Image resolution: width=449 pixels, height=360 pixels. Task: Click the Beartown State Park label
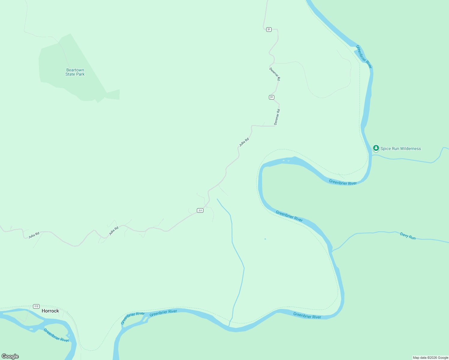point(75,72)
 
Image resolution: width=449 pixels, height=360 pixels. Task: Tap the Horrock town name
point(50,311)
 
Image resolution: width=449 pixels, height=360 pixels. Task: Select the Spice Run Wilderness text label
point(400,148)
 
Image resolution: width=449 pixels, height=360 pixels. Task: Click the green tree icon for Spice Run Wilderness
point(376,148)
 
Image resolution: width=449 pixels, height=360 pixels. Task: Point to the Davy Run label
point(408,236)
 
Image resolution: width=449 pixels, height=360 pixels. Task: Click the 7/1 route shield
point(200,211)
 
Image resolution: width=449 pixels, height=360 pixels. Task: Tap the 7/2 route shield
point(36,306)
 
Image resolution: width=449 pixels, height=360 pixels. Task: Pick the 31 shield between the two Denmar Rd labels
point(272,97)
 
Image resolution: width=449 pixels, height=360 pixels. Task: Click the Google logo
point(10,356)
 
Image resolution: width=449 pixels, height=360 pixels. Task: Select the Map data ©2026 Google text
point(430,358)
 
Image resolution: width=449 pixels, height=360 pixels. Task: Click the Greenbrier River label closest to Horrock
point(56,335)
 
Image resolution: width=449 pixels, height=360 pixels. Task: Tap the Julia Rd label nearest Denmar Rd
point(244,142)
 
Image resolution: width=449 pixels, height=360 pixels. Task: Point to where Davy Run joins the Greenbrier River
point(332,252)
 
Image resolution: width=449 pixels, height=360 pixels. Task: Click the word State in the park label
point(71,74)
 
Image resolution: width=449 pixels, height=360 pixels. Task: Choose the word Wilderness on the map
point(411,148)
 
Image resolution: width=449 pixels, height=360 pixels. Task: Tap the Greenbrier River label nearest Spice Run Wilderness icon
point(343,182)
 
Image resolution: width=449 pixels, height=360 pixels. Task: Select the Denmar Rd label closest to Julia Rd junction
point(277,117)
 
